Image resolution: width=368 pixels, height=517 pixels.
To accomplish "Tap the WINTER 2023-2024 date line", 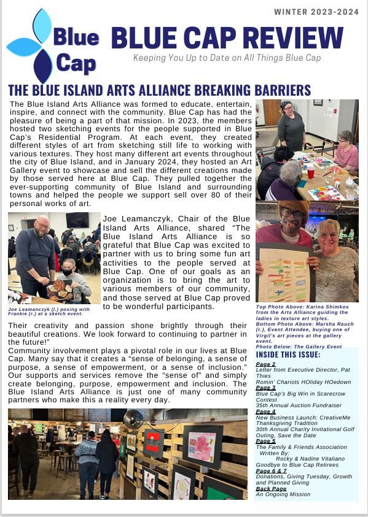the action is tap(316, 12).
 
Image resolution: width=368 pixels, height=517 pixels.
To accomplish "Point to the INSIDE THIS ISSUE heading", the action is tap(288, 354).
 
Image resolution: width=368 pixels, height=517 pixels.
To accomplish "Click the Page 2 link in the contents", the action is tap(265, 364).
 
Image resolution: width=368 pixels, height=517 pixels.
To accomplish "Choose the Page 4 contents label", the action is tap(265, 412).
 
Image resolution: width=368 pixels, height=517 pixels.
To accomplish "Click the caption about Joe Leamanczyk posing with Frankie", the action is tap(49, 311).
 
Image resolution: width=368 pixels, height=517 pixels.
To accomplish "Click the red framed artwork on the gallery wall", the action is tap(153, 442).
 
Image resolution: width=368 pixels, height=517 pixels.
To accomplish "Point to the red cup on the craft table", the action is tap(311, 174).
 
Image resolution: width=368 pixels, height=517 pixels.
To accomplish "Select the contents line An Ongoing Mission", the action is tap(283, 494).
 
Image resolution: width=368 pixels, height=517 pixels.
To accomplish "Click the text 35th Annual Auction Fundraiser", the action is tap(298, 405).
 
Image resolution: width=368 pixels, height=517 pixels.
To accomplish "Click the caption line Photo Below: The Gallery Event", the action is tap(299, 347).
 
